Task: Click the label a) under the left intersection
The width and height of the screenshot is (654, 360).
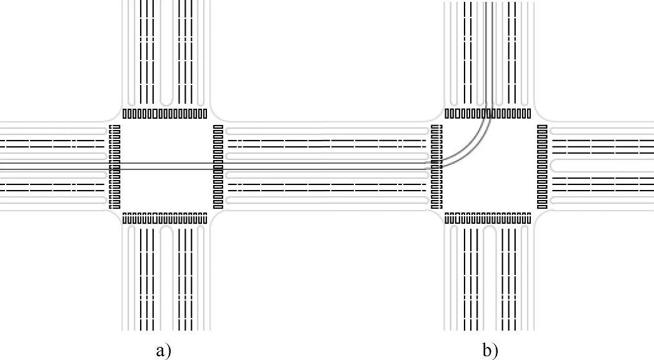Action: [163, 350]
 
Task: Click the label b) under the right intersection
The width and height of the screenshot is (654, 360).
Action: [491, 350]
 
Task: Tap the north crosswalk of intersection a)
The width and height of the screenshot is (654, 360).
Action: [164, 114]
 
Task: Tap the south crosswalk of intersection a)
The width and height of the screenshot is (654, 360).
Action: [164, 218]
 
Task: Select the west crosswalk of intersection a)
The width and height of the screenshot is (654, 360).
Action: [114, 167]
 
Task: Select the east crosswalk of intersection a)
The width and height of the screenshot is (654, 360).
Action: [218, 167]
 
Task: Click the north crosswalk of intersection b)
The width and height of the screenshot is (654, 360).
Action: [488, 114]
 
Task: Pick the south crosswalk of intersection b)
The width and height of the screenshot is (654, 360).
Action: [488, 218]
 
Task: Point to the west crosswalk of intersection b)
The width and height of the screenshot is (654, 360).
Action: [437, 167]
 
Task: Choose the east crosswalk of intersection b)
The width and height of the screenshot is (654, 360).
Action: [542, 167]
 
